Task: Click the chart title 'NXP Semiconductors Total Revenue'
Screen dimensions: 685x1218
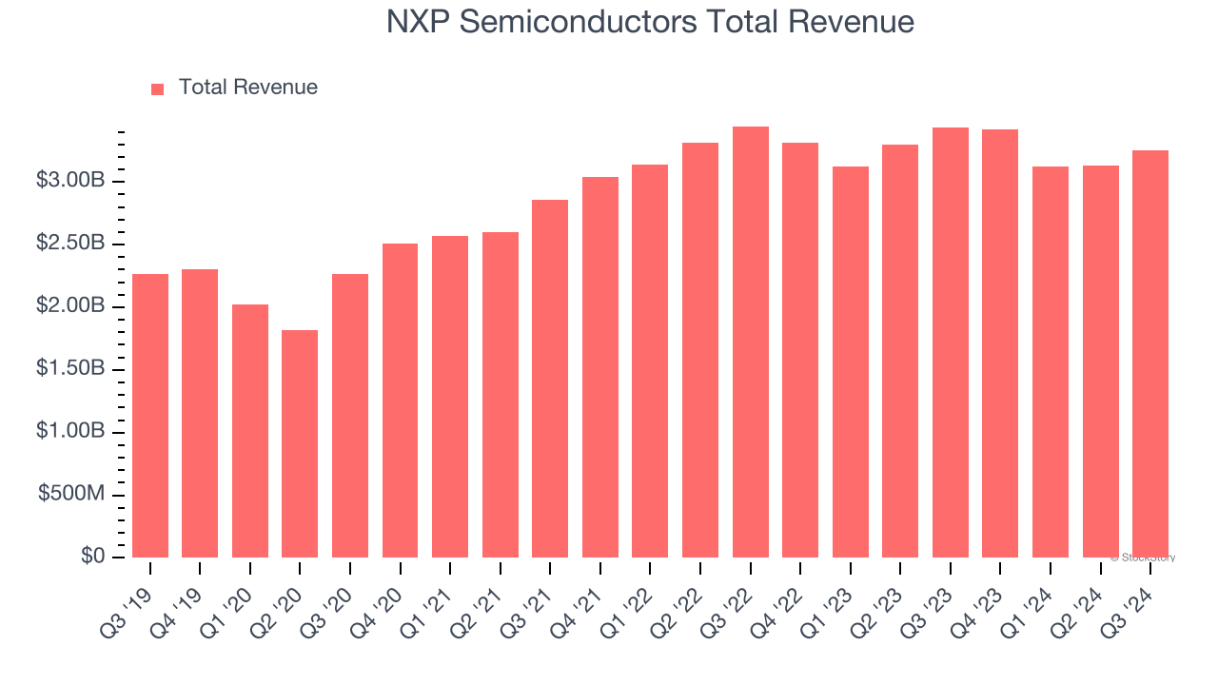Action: pos(650,22)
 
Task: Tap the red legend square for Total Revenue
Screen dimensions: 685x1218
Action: pos(158,88)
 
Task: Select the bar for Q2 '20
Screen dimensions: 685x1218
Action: pos(300,443)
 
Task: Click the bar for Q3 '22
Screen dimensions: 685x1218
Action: pos(750,342)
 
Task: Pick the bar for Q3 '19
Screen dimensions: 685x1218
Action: pos(150,416)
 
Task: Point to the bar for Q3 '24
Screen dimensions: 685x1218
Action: pos(1149,354)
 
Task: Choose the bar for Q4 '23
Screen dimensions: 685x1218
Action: pos(1000,343)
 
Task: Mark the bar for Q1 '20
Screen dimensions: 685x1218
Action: pos(250,431)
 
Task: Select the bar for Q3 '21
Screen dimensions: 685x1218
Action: pos(550,379)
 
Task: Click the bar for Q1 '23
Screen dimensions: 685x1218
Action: pos(850,362)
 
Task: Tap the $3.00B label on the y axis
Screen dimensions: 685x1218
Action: pos(71,181)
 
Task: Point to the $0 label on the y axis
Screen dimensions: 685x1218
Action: pos(91,557)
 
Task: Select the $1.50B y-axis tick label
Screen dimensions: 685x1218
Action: pos(71,369)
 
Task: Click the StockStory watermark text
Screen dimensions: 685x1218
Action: pos(1143,558)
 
